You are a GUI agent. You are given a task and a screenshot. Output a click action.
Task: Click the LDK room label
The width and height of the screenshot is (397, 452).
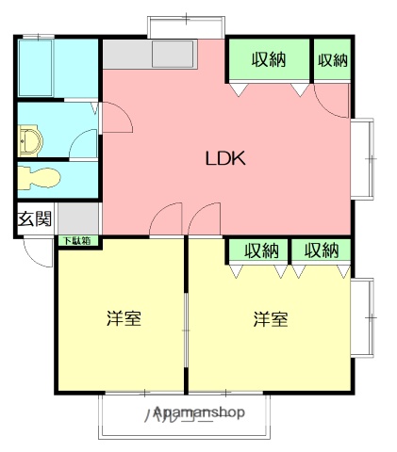(x=225, y=158)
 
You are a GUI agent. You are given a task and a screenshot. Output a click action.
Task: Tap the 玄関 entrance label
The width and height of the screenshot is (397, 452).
(x=35, y=220)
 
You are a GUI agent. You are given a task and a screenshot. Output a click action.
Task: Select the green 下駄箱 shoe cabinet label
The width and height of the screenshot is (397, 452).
(x=77, y=241)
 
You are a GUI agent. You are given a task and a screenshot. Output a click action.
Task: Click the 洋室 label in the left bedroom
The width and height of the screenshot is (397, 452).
(x=123, y=318)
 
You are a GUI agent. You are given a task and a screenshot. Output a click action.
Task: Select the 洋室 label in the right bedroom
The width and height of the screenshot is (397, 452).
(x=270, y=318)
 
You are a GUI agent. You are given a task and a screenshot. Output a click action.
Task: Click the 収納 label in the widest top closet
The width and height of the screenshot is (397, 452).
(x=269, y=60)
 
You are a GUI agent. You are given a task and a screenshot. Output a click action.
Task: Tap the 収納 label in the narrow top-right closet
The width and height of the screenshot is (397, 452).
(x=332, y=60)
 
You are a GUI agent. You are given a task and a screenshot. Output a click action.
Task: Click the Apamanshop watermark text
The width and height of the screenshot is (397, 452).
(x=199, y=412)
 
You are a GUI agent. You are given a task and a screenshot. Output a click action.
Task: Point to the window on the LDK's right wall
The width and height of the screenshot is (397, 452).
(x=363, y=157)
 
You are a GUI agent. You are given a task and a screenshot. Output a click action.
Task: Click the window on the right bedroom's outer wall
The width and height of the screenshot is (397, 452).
(x=363, y=317)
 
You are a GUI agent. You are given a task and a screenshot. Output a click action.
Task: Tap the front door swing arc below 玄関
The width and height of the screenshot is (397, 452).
(x=38, y=252)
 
